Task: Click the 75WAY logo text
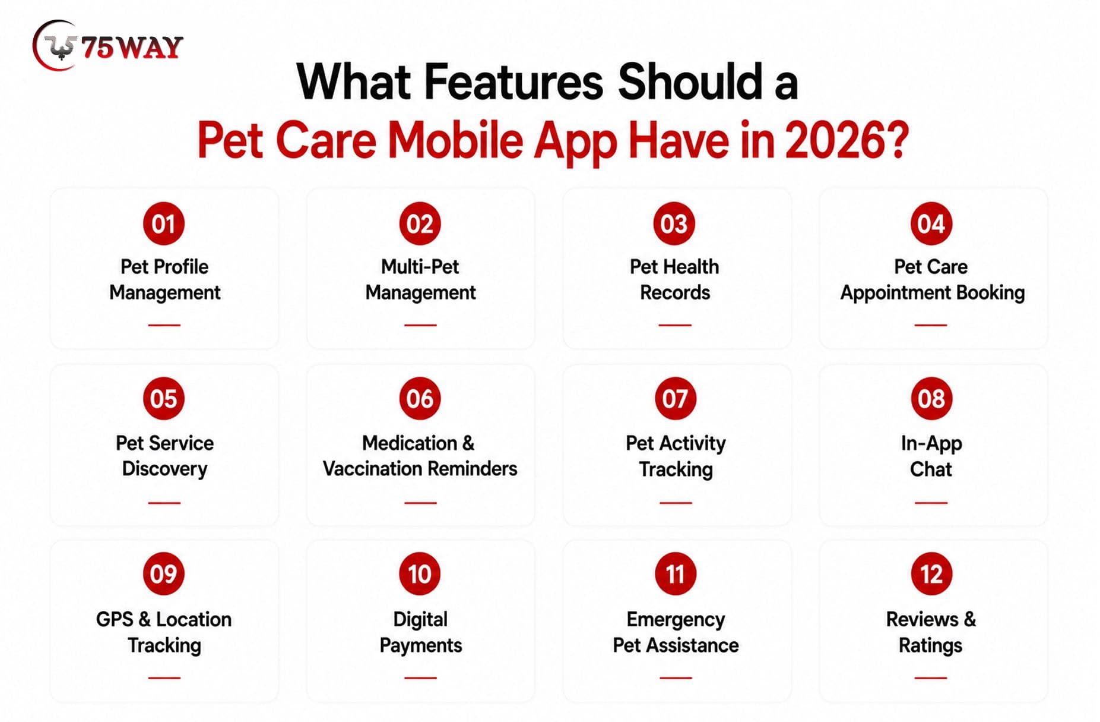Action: (132, 48)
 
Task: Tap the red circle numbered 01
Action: (164, 223)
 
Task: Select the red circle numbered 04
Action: (931, 223)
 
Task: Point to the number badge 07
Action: (675, 398)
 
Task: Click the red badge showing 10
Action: (420, 573)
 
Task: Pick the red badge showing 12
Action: (931, 573)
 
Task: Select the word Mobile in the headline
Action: (455, 140)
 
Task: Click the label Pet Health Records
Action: (675, 279)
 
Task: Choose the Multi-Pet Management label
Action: (420, 279)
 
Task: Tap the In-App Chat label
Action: (931, 456)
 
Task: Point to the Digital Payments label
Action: (420, 632)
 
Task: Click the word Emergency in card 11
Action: (676, 620)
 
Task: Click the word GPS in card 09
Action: (115, 619)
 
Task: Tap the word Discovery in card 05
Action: (164, 469)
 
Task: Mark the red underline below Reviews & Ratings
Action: (931, 677)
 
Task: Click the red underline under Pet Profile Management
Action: (164, 325)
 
